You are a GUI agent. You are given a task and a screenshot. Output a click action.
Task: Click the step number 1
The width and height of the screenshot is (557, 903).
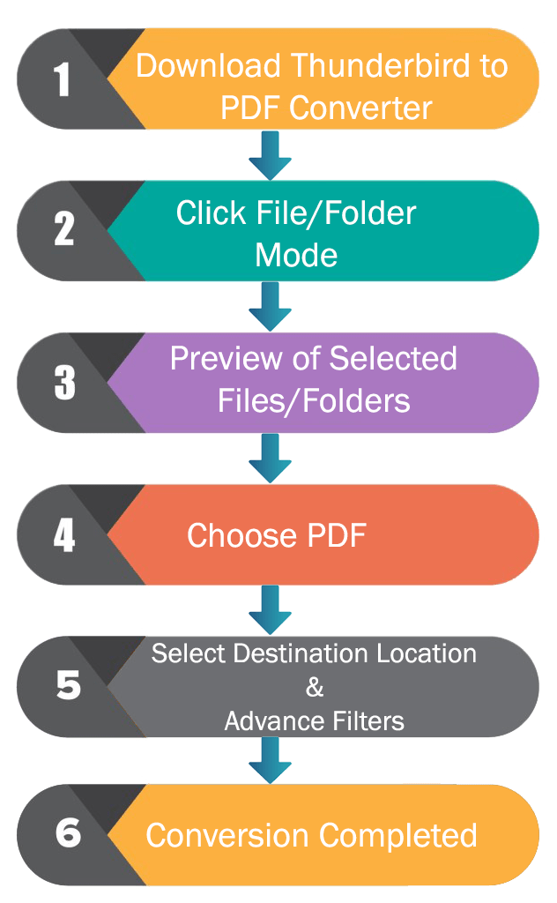click(x=63, y=78)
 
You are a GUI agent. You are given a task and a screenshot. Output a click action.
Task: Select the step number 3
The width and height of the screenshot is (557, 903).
click(x=64, y=383)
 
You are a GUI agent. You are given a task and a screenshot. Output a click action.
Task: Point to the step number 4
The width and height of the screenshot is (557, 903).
click(x=64, y=535)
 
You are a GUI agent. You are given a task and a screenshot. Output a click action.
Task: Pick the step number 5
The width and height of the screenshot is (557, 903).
click(x=67, y=686)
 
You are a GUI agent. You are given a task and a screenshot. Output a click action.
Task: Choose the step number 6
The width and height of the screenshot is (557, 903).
click(x=67, y=833)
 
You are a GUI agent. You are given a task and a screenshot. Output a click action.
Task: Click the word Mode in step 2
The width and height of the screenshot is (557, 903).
click(x=296, y=255)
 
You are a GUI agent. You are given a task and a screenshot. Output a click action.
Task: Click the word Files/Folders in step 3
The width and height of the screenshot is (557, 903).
click(x=314, y=401)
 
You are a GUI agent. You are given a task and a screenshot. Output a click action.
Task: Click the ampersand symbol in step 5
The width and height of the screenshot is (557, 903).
click(x=314, y=687)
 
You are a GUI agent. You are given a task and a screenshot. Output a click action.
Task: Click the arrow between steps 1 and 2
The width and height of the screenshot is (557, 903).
click(x=270, y=155)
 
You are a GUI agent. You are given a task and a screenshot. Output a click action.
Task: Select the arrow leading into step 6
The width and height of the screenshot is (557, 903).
click(x=270, y=759)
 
